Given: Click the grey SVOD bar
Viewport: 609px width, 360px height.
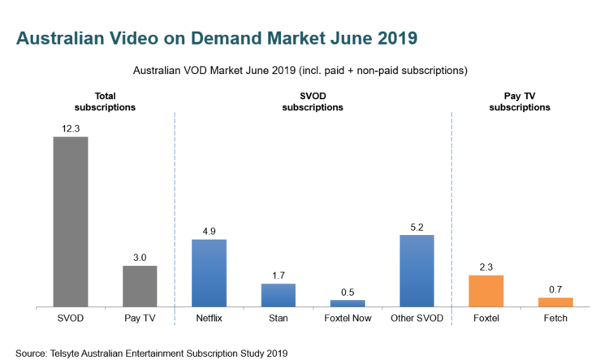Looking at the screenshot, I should click(70, 221).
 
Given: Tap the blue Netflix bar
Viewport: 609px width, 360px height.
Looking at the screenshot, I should click(209, 273).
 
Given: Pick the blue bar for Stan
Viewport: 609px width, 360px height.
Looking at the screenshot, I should click(279, 295).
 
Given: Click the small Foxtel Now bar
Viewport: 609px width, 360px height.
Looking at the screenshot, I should click(348, 303).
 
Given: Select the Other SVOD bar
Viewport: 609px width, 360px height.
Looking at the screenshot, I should click(417, 271).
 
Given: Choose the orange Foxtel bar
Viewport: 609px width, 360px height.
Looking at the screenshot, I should click(486, 291).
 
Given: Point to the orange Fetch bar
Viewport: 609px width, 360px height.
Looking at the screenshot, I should click(555, 302).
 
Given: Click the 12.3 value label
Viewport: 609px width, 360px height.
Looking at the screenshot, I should click(70, 128).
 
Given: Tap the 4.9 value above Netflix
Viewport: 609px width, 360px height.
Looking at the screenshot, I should click(209, 231).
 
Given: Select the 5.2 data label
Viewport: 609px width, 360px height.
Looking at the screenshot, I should click(417, 227).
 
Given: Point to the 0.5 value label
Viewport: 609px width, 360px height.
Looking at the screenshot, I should click(348, 292).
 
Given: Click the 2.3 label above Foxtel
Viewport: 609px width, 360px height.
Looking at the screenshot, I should click(486, 267).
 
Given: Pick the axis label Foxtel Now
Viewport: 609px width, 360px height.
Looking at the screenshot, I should click(348, 318).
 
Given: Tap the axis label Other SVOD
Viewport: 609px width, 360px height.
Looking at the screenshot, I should click(417, 318).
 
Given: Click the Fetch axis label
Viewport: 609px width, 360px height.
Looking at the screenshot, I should click(555, 318).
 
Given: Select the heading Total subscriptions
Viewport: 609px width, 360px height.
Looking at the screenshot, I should click(104, 102).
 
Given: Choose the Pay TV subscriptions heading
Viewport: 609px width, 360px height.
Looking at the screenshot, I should click(520, 102).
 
